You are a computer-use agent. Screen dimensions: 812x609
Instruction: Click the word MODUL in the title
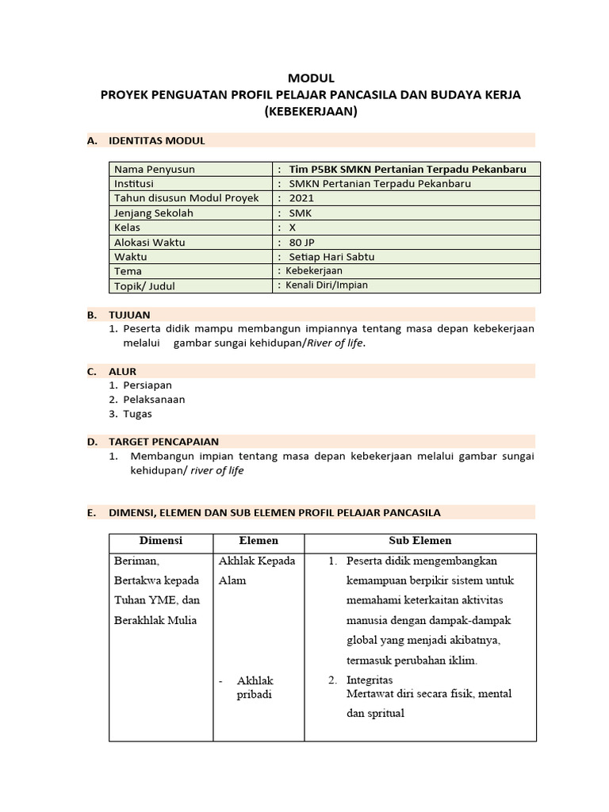pyautogui.click(x=311, y=78)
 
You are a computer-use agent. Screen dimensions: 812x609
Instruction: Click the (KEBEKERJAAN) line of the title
pyautogui.click(x=311, y=112)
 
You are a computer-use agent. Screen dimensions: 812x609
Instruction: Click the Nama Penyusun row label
pyautogui.click(x=154, y=169)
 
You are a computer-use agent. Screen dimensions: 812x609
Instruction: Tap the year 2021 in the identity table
pyautogui.click(x=301, y=198)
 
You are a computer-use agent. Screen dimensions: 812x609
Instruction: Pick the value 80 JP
pyautogui.click(x=302, y=242)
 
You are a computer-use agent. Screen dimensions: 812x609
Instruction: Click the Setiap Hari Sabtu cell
pyautogui.click(x=331, y=256)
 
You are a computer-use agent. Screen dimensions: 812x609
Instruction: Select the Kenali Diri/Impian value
pyautogui.click(x=327, y=285)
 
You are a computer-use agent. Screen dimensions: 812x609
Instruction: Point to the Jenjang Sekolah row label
pyautogui.click(x=154, y=213)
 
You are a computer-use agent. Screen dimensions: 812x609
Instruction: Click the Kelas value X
pyautogui.click(x=293, y=227)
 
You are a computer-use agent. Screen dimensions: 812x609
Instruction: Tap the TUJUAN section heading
pyautogui.click(x=129, y=315)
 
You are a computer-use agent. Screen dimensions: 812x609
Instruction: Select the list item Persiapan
pyautogui.click(x=147, y=385)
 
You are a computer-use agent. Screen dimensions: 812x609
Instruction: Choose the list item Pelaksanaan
pyautogui.click(x=154, y=400)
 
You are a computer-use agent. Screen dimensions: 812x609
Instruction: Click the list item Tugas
pyautogui.click(x=137, y=414)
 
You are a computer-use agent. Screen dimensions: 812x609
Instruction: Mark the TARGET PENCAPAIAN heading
pyautogui.click(x=163, y=442)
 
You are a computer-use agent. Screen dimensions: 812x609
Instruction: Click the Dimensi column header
pyautogui.click(x=161, y=541)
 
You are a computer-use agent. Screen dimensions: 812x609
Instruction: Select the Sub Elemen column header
pyautogui.click(x=419, y=541)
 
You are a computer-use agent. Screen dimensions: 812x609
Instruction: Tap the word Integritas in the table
pyautogui.click(x=370, y=680)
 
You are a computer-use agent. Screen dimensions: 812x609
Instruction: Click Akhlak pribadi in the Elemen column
pyautogui.click(x=254, y=688)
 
